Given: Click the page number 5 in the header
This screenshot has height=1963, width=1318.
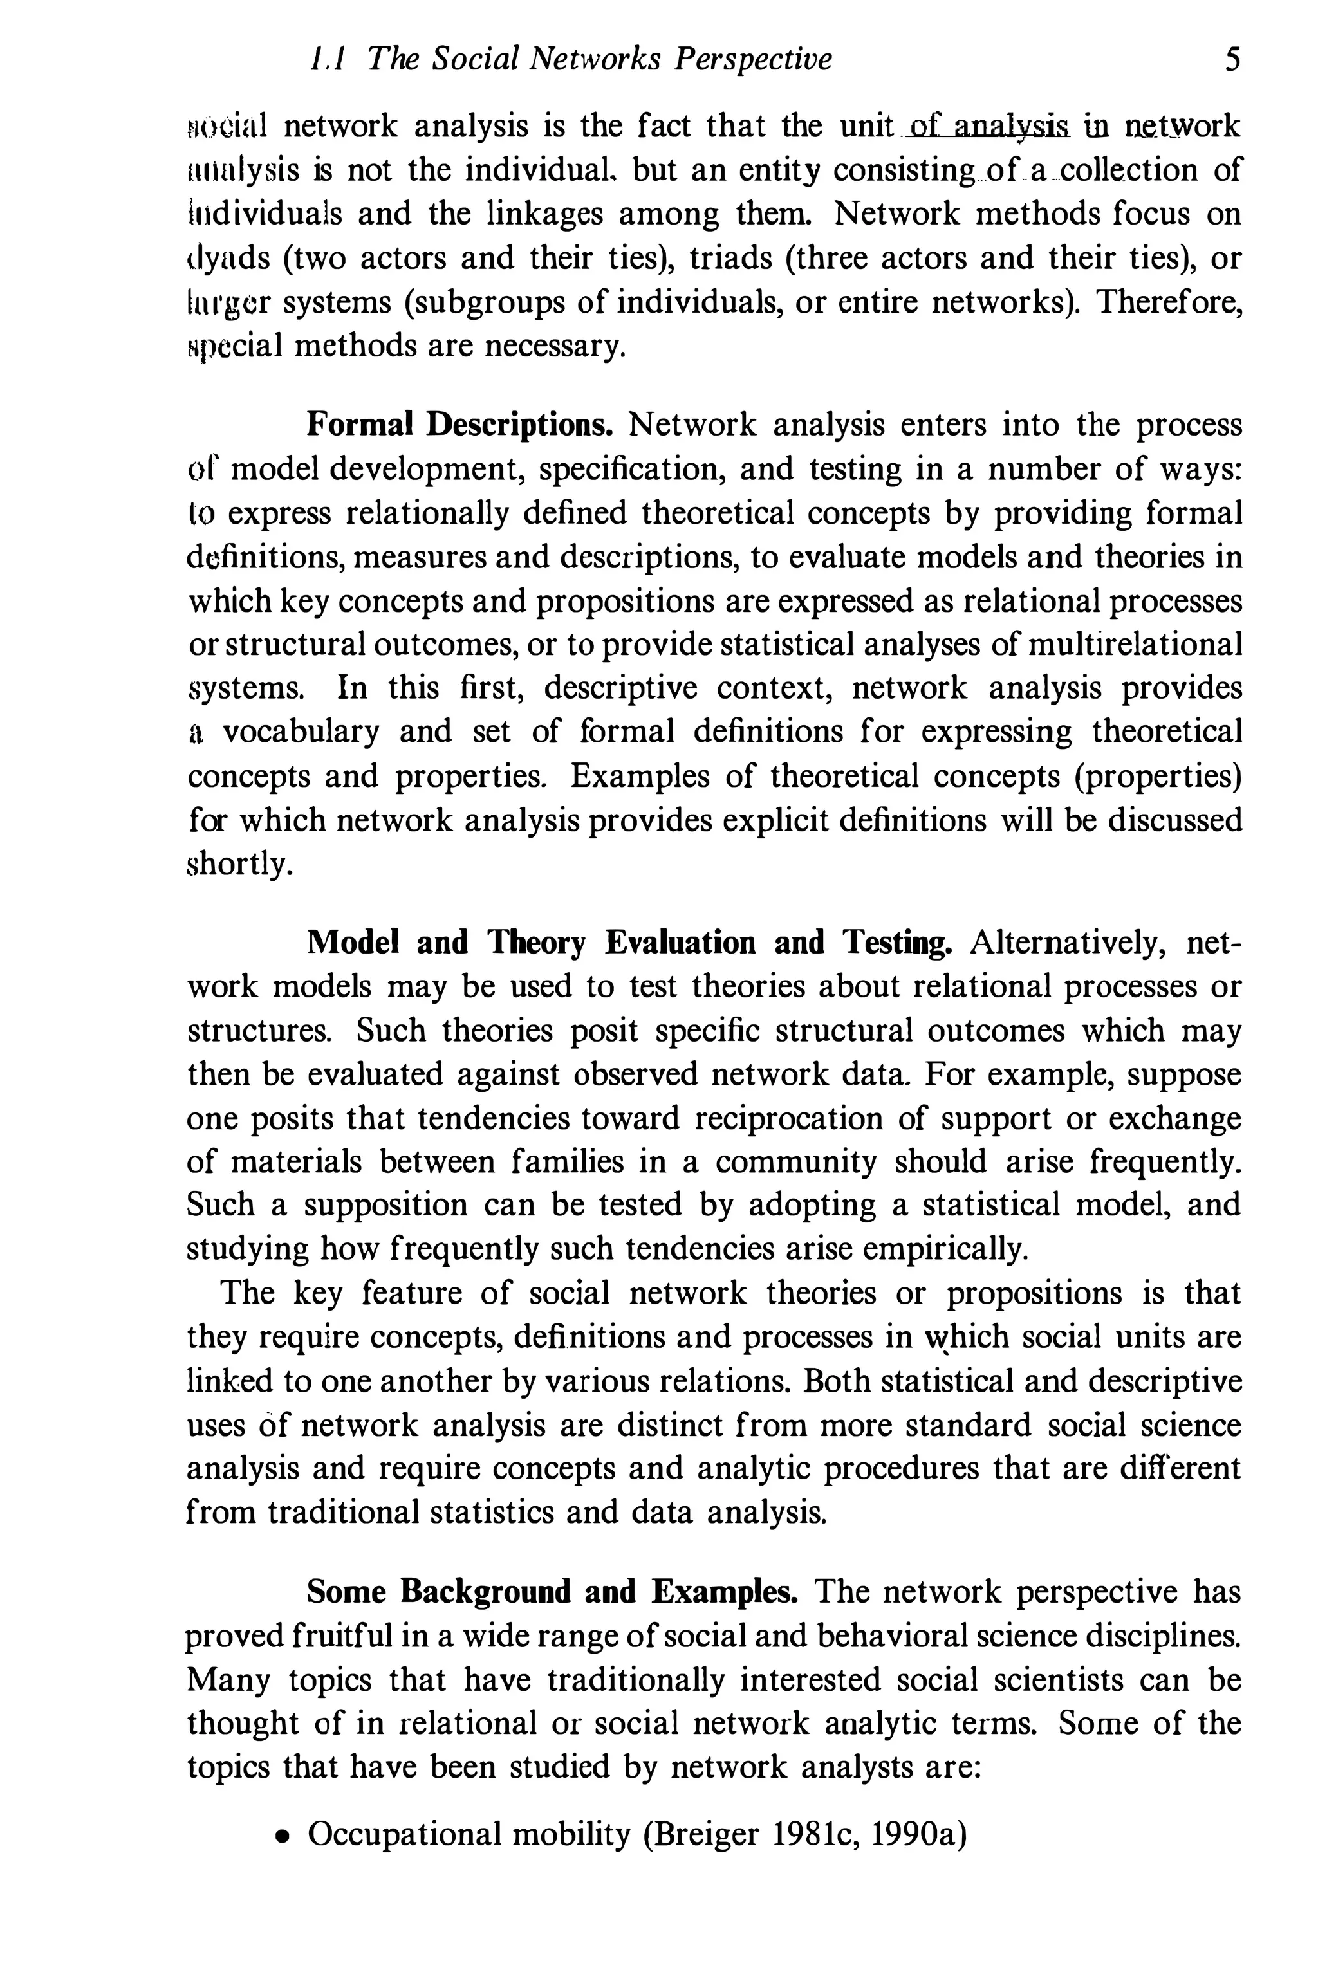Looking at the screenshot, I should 1232,60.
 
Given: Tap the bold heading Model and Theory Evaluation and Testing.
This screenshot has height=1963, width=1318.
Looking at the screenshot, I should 629,943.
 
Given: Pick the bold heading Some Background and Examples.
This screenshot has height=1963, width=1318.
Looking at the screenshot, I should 552,1592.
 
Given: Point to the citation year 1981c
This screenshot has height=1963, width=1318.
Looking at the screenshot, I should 812,1834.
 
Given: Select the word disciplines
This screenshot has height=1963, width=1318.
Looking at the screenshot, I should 1164,1636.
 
